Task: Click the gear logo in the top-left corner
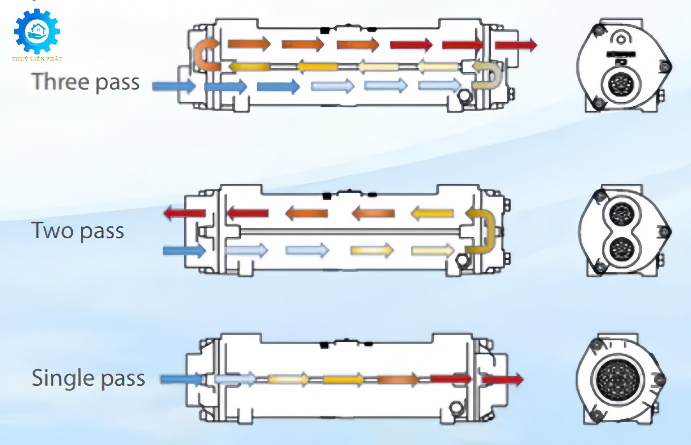click(x=37, y=32)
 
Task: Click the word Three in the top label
click(x=60, y=81)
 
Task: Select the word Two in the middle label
click(x=53, y=230)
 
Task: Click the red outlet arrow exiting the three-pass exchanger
click(x=516, y=45)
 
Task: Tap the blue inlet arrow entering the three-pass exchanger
click(x=174, y=86)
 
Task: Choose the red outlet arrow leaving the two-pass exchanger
click(x=185, y=213)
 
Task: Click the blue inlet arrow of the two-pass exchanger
click(x=184, y=251)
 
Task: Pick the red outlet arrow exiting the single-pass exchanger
click(x=503, y=380)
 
